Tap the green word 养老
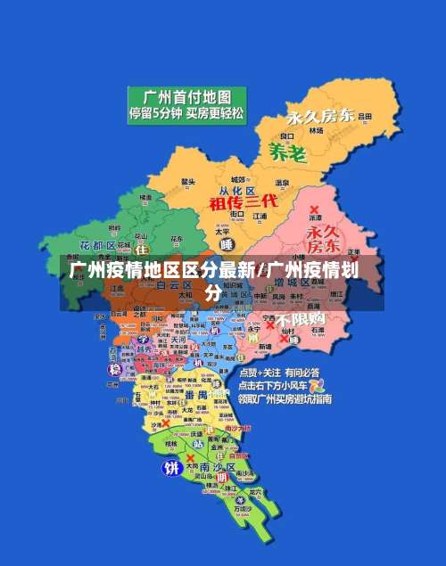point(287,152)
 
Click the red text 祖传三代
point(244,202)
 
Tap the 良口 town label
point(287,136)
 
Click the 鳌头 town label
point(187,182)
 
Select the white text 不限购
point(301,319)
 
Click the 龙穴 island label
point(255,491)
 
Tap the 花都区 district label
point(97,244)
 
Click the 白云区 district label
point(174,285)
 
